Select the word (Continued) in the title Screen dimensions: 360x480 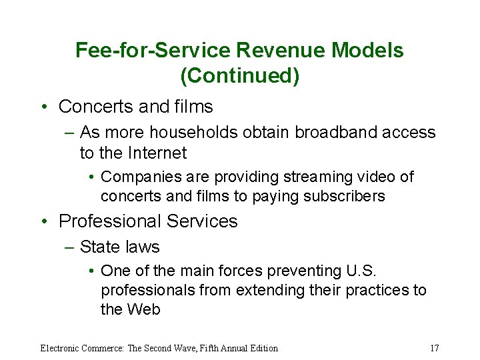coord(240,76)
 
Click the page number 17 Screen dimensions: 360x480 coord(434,348)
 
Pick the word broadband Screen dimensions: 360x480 coord(329,133)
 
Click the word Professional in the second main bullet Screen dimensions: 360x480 coord(110,221)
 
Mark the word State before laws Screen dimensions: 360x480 coord(99,247)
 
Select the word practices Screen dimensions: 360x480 coord(377,290)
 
